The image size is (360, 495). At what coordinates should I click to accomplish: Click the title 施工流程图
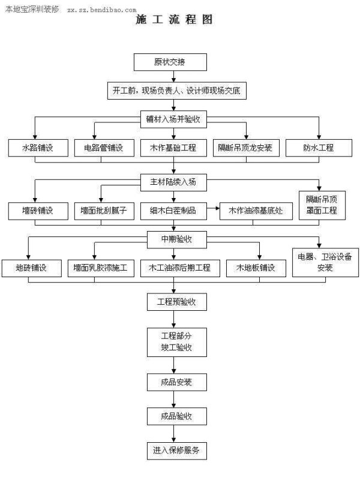tap(175, 19)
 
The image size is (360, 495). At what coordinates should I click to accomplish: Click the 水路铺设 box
tap(37, 148)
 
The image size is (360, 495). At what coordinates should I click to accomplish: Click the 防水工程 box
tap(318, 148)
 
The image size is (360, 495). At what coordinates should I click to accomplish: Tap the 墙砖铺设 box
tap(37, 211)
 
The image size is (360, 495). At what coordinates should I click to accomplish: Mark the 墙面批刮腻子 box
tap(103, 211)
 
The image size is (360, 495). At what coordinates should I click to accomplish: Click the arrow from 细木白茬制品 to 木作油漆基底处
tap(212, 211)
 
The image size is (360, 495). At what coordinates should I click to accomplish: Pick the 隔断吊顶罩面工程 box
tap(321, 205)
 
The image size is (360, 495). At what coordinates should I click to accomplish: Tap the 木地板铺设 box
tap(255, 268)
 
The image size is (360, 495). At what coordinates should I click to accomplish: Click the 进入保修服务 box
tap(176, 450)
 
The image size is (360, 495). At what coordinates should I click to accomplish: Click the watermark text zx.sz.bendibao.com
tap(101, 10)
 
